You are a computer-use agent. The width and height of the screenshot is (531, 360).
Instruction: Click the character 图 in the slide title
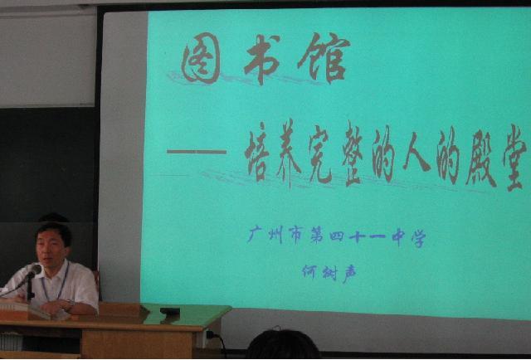[201, 58]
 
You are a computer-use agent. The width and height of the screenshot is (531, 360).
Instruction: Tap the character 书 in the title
[261, 58]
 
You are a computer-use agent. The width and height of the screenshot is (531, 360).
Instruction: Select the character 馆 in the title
[324, 57]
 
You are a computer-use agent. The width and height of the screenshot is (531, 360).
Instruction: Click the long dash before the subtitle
[197, 152]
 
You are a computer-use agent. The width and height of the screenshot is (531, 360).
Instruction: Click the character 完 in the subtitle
[320, 154]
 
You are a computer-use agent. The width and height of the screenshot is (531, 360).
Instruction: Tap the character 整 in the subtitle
[353, 154]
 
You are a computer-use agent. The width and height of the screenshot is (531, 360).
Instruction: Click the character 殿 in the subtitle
[481, 158]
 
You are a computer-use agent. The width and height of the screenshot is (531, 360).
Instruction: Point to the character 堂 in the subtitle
[514, 158]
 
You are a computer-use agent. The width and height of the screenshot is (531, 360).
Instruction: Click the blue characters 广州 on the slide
[265, 235]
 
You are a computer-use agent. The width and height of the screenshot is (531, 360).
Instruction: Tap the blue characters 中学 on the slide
[408, 237]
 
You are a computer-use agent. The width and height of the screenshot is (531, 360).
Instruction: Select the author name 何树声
[329, 273]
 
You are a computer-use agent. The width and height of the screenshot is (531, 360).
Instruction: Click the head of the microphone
[34, 270]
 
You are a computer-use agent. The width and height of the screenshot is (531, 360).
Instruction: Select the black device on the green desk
[170, 310]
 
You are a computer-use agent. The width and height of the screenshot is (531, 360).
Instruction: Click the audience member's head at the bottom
[282, 345]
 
